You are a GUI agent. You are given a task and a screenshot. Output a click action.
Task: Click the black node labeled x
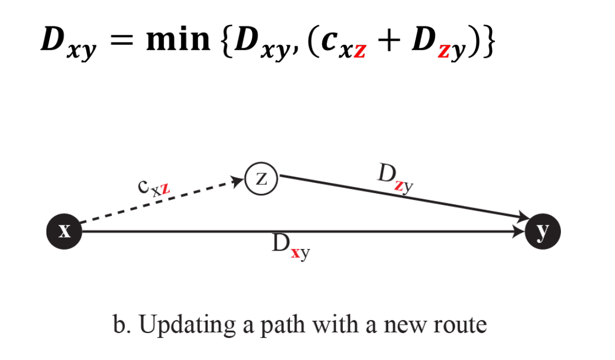[x=64, y=231]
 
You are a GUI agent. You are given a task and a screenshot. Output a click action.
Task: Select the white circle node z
[x=262, y=179]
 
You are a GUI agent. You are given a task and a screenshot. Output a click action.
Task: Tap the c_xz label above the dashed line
[x=154, y=188]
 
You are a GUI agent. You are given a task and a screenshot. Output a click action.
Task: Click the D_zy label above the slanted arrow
[x=395, y=177]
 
